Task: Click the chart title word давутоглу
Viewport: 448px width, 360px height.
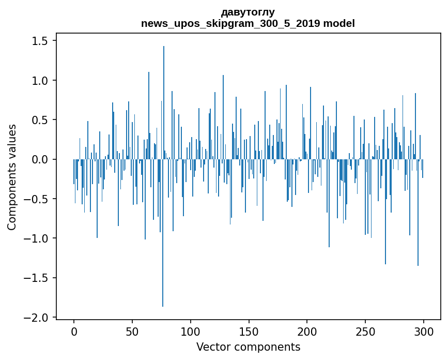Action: [248, 12]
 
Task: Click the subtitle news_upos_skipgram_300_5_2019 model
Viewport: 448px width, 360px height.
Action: [248, 23]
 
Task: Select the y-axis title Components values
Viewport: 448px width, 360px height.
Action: [12, 177]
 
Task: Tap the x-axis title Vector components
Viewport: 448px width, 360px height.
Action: [248, 347]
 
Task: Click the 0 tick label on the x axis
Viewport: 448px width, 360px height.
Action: [74, 331]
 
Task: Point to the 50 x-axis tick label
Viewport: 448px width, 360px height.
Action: [132, 331]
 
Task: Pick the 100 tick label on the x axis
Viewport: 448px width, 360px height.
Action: [191, 331]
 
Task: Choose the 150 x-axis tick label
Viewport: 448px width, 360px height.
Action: [249, 331]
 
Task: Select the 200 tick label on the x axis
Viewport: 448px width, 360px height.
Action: [307, 331]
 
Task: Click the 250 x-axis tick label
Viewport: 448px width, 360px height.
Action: [365, 331]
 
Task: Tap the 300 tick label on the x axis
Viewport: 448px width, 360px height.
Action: [424, 331]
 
